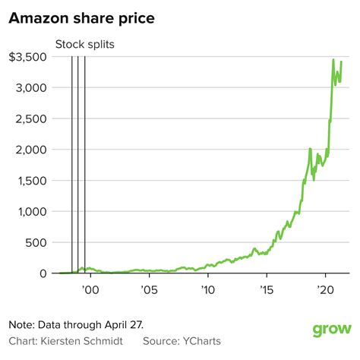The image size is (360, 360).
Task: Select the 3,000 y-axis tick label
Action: pyautogui.click(x=33, y=88)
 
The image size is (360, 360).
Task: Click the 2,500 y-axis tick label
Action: pyautogui.click(x=33, y=119)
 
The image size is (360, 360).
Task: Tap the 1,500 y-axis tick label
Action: pyautogui.click(x=33, y=181)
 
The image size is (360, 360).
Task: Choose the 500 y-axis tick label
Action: pyautogui.click(x=39, y=242)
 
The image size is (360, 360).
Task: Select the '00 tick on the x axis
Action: pyautogui.click(x=90, y=289)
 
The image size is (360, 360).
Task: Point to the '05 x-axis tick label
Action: pyautogui.click(x=149, y=289)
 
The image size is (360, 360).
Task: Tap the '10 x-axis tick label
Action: pyautogui.click(x=207, y=289)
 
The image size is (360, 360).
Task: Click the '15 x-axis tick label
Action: pyautogui.click(x=267, y=289)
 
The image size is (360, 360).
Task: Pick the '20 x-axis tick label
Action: pyautogui.click(x=326, y=289)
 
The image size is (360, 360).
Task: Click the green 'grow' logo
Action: pyautogui.click(x=332, y=330)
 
